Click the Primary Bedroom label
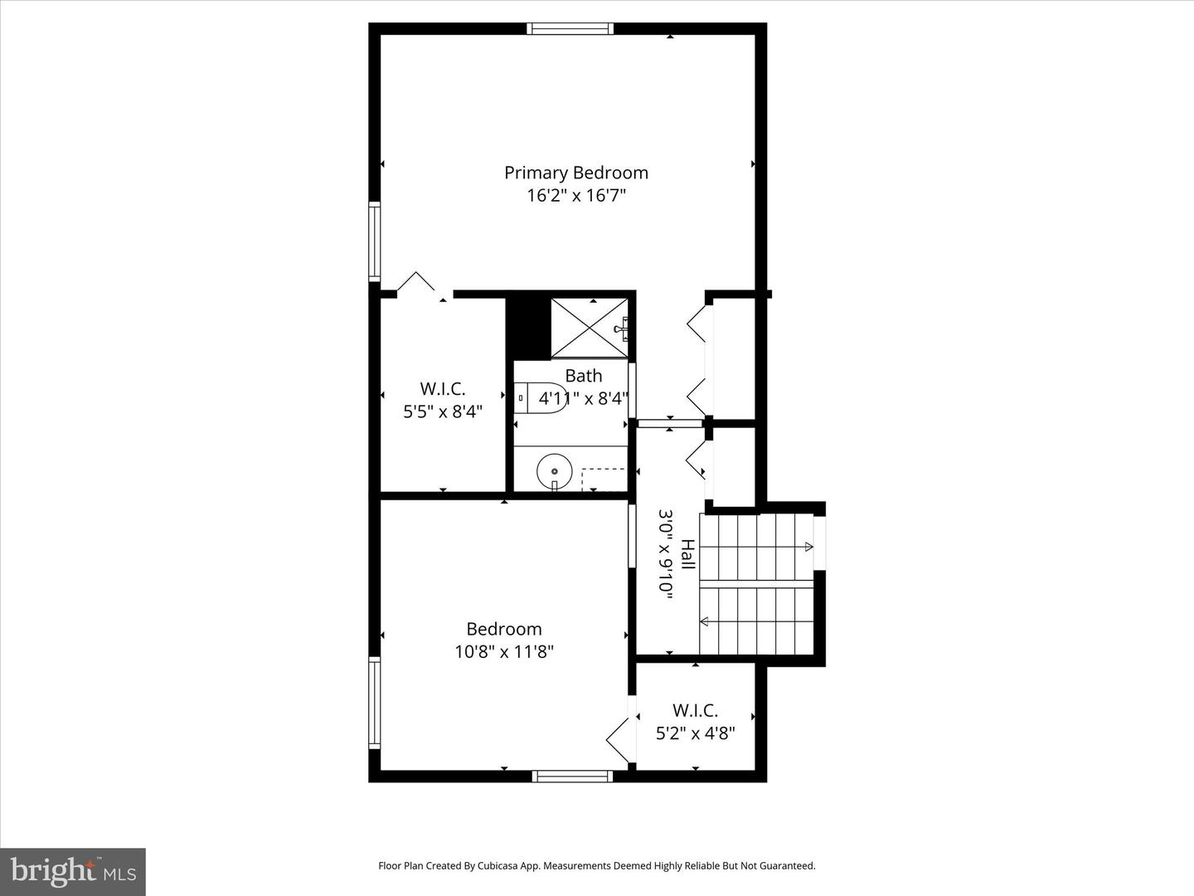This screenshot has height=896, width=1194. click(576, 173)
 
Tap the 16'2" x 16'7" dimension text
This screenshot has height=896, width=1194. click(576, 195)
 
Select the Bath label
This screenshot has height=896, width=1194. click(584, 375)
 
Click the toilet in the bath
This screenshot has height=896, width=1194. click(541, 398)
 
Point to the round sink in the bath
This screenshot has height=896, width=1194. click(555, 471)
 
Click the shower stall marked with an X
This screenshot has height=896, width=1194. click(589, 328)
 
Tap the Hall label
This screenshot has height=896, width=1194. click(688, 554)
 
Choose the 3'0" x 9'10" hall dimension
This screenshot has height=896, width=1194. click(666, 554)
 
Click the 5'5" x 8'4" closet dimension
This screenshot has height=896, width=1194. click(443, 411)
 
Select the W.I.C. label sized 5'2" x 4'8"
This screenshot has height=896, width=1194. click(695, 710)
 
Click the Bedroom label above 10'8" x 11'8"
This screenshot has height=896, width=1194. click(504, 629)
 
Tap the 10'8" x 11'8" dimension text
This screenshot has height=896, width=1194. click(504, 651)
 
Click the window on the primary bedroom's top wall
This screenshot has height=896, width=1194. click(570, 28)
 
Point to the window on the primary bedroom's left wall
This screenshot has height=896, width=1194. click(374, 241)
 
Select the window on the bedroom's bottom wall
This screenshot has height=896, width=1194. click(573, 777)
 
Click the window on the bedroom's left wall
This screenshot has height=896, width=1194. click(374, 703)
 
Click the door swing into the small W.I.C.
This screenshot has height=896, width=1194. click(620, 739)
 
